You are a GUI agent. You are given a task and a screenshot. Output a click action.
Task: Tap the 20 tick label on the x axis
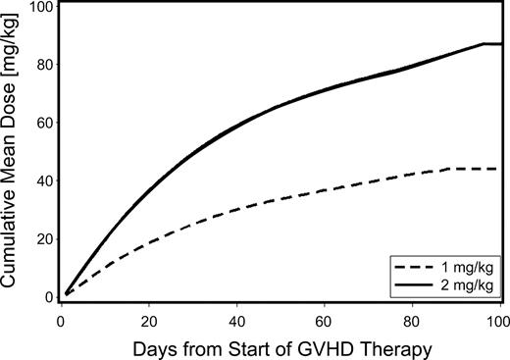tap(148, 320)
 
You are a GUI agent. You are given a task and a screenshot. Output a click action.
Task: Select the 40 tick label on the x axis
tap(237, 320)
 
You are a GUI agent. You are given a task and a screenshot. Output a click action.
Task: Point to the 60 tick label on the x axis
tap(326, 320)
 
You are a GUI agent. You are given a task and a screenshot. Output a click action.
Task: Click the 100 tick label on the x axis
tap(499, 320)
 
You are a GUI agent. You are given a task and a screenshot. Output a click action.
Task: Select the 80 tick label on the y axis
tap(42, 66)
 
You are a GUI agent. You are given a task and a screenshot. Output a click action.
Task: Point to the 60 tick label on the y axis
tap(42, 124)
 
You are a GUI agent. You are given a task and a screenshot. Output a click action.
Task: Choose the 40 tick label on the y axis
tap(42, 181)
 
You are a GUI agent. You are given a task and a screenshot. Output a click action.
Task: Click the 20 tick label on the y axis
tap(42, 239)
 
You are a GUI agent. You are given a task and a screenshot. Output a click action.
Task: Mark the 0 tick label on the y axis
tap(46, 296)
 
